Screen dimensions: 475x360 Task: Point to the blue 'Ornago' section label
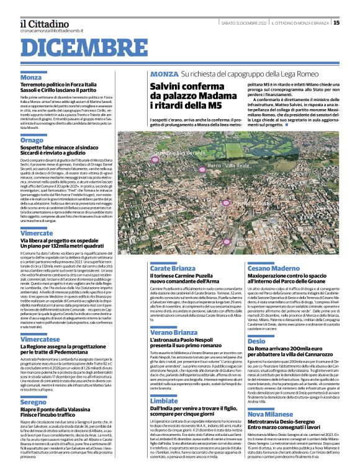pyautogui.click(x=32, y=140)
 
